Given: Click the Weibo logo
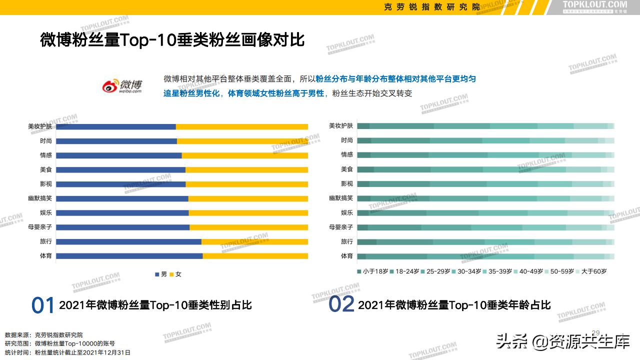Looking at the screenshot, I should (122, 85).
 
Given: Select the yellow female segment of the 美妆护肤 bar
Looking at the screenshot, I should (242, 126).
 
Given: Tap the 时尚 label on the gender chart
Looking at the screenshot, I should (46, 141).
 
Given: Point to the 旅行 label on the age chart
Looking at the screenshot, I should (347, 241).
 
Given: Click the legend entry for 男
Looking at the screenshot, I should (161, 274).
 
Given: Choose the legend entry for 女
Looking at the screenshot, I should (175, 274).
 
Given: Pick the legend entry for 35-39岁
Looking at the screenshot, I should (497, 271).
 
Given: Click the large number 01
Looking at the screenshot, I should (43, 305).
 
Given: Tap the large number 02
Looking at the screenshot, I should (341, 304).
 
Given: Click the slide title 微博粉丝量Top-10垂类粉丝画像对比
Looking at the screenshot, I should (172, 40).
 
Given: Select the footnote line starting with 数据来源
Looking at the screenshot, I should (44, 334).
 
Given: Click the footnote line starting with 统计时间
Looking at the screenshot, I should (67, 352).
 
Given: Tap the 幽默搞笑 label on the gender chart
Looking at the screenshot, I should (40, 198).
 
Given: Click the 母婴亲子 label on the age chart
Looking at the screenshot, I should (341, 227).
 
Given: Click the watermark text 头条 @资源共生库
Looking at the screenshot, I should (562, 342).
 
